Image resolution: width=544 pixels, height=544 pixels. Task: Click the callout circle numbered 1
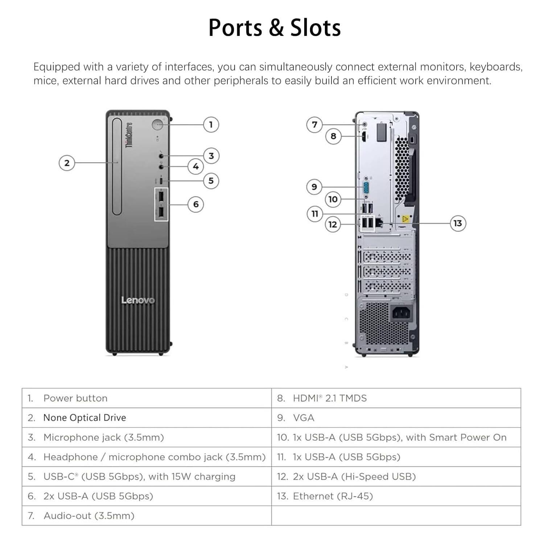pyautogui.click(x=211, y=125)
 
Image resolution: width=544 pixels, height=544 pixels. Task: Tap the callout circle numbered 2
pyautogui.click(x=67, y=163)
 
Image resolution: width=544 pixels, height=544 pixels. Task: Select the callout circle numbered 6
pyautogui.click(x=196, y=204)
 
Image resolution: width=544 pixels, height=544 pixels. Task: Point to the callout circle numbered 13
pyautogui.click(x=458, y=223)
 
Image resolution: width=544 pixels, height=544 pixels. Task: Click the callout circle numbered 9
pyautogui.click(x=314, y=187)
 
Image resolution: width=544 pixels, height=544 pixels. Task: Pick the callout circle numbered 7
pyautogui.click(x=314, y=125)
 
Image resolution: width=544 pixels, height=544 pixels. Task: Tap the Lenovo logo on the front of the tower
pyautogui.click(x=138, y=300)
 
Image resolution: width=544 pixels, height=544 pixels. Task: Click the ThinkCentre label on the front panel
pyautogui.click(x=129, y=135)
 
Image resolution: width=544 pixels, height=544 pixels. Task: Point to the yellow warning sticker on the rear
pyautogui.click(x=405, y=219)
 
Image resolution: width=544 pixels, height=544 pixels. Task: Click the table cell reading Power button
pyautogui.click(x=147, y=398)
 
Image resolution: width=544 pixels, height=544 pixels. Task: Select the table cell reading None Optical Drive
pyautogui.click(x=147, y=418)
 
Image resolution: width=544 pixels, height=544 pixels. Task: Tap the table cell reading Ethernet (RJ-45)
pyautogui.click(x=396, y=496)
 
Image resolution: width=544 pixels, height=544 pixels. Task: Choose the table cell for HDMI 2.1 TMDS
pyautogui.click(x=396, y=398)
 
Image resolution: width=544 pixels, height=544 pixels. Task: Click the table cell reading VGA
pyautogui.click(x=396, y=418)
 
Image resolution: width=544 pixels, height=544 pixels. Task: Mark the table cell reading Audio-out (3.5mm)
pyautogui.click(x=147, y=516)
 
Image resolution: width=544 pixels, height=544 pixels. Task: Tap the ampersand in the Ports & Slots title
pyautogui.click(x=276, y=28)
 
